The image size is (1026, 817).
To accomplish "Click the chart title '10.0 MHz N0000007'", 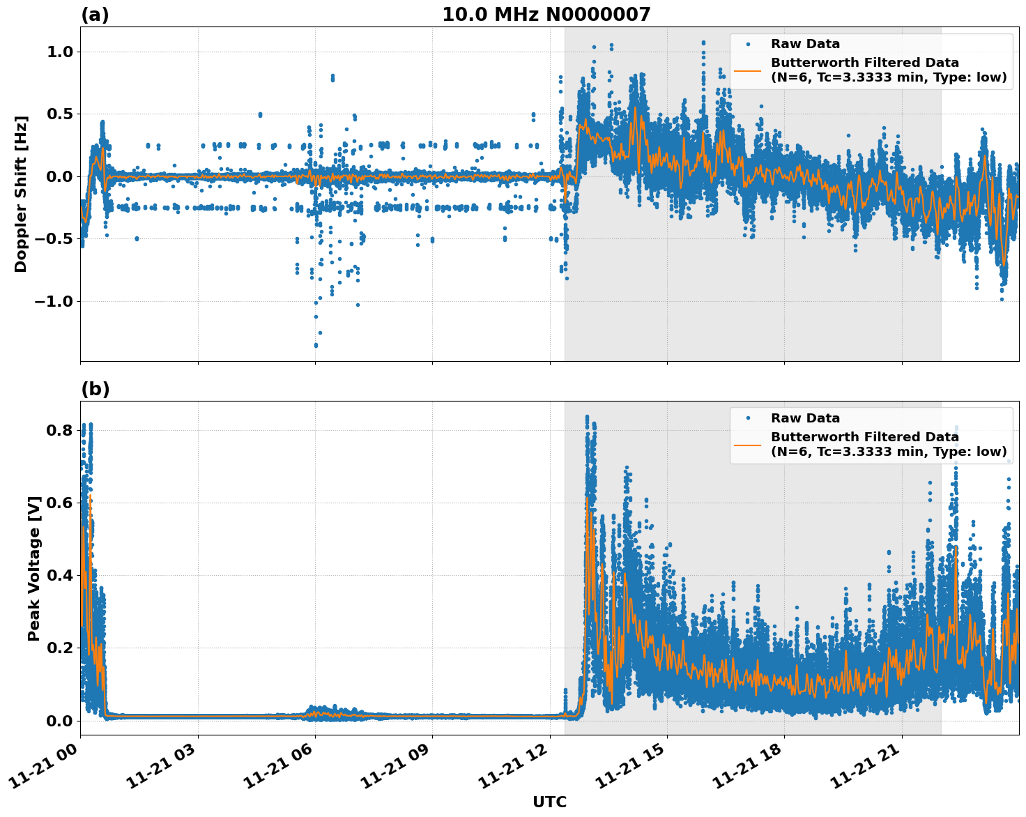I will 546,15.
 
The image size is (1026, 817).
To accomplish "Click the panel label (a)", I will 95,15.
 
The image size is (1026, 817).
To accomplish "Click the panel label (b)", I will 95,389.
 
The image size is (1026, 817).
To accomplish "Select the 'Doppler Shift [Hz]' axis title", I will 22,194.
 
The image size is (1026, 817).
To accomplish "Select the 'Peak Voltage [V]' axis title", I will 34,568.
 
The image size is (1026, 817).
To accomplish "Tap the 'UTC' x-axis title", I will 549,802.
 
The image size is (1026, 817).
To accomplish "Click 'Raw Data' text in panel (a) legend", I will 805,45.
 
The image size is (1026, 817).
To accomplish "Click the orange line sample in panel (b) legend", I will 747,444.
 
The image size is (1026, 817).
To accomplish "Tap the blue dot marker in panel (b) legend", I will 748,418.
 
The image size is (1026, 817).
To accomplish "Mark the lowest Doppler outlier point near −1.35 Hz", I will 316,345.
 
